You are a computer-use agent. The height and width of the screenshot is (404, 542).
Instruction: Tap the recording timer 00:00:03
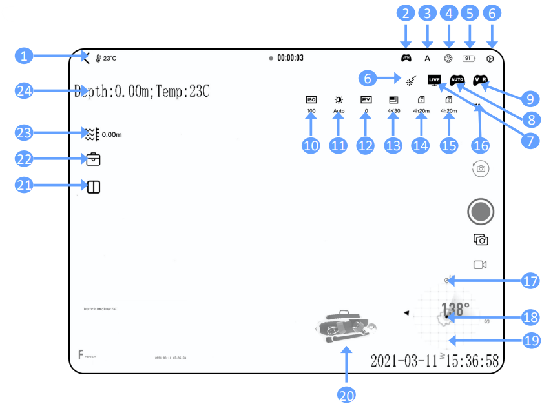tap(290, 58)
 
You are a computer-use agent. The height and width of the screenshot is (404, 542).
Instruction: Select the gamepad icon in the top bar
tap(406, 58)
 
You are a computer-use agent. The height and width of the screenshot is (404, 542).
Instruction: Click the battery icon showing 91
tap(469, 58)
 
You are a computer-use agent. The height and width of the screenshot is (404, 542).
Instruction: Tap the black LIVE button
tap(435, 79)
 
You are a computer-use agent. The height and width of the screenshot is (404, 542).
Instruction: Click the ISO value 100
tap(311, 111)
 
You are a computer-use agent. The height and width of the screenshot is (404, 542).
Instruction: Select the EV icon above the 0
tap(366, 100)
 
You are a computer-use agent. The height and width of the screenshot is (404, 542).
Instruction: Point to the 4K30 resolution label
tap(393, 111)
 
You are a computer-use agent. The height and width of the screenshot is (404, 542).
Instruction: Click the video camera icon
tap(480, 265)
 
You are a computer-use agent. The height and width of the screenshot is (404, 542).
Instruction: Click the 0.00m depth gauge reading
tap(112, 135)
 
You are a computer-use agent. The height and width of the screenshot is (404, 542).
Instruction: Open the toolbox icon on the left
tap(94, 159)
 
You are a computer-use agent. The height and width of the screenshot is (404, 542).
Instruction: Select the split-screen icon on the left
tap(94, 187)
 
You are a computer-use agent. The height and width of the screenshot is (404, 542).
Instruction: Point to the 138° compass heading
tap(455, 308)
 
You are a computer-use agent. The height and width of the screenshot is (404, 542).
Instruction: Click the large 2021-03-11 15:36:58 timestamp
tap(434, 360)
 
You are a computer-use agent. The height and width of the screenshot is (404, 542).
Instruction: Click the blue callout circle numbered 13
tap(393, 145)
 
